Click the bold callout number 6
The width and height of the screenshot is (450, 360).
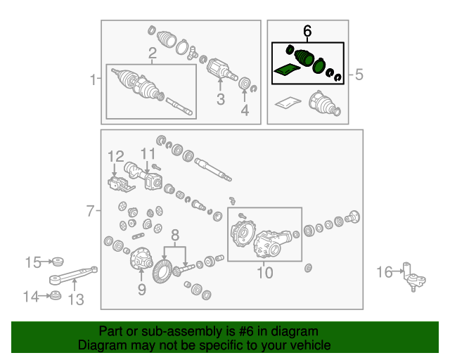pyautogui.click(x=307, y=31)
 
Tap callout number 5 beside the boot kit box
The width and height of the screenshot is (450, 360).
pyautogui.click(x=359, y=75)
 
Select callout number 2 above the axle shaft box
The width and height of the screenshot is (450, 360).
pyautogui.click(x=153, y=53)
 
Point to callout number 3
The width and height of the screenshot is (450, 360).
pyautogui.click(x=220, y=99)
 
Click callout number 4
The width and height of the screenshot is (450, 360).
pyautogui.click(x=245, y=110)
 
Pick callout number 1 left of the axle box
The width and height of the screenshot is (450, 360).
pyautogui.click(x=93, y=79)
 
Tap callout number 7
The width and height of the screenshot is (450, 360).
pyautogui.click(x=90, y=211)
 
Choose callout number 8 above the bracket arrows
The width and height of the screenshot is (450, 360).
pyautogui.click(x=175, y=235)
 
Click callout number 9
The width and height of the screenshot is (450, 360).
pyautogui.click(x=142, y=290)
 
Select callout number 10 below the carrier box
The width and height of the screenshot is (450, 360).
pyautogui.click(x=264, y=272)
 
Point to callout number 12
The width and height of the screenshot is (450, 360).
pyautogui.click(x=115, y=157)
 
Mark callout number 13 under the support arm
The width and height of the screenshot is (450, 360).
pyautogui.click(x=76, y=300)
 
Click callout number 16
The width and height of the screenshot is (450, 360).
pyautogui.click(x=385, y=272)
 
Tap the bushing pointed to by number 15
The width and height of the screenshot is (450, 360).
pyautogui.click(x=56, y=262)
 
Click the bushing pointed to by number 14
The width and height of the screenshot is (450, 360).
pyautogui.click(x=55, y=296)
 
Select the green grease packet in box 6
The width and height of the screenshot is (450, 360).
pyautogui.click(x=287, y=70)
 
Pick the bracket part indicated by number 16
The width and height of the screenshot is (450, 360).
pyautogui.click(x=414, y=277)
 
